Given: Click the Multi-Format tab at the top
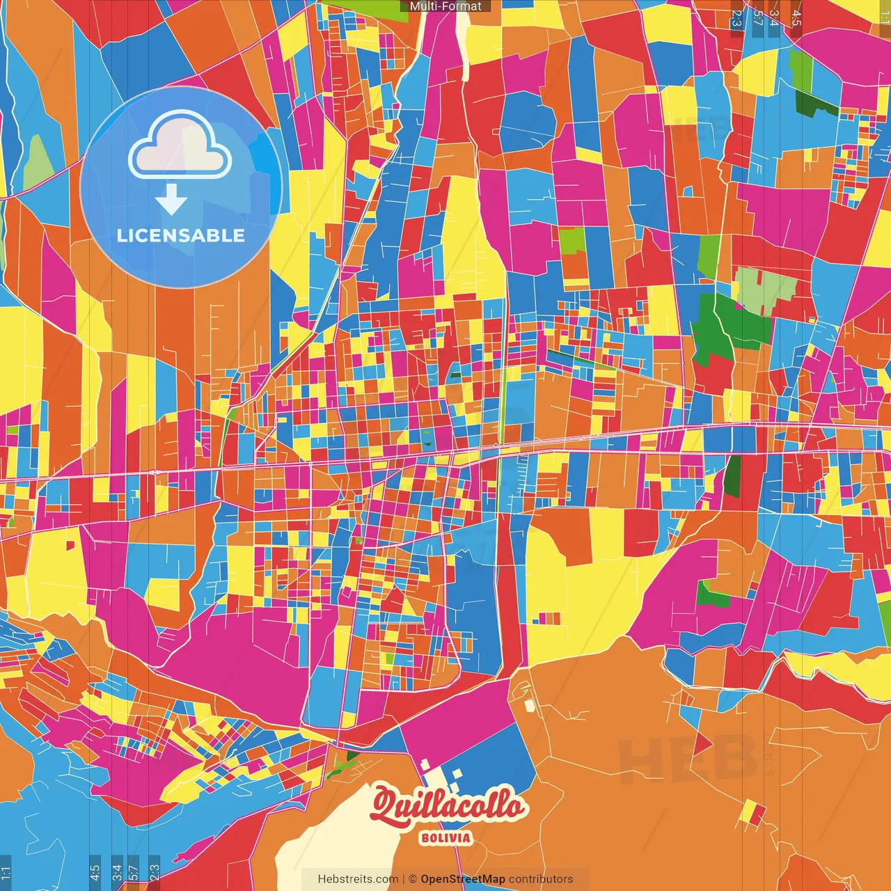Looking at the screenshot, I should coord(445,6).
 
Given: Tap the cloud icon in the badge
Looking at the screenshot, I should coord(180,148).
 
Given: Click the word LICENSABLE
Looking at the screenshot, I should coord(181,235).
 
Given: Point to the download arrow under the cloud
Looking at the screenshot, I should coord(171,200).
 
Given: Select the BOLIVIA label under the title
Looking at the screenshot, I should coord(446,838).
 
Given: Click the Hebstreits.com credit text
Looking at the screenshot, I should coord(358,879).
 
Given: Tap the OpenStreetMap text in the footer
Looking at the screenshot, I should coord(463,879).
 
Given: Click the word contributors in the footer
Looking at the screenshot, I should coord(541,879).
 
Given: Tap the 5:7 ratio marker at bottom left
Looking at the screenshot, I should coord(133,872).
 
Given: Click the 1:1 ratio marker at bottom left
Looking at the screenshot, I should coord(6,872).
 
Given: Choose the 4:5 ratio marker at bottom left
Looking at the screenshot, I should coord(95,872).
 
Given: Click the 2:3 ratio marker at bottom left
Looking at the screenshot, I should coord(155,872).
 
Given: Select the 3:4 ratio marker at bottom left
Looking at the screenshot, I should coord(116,872).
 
